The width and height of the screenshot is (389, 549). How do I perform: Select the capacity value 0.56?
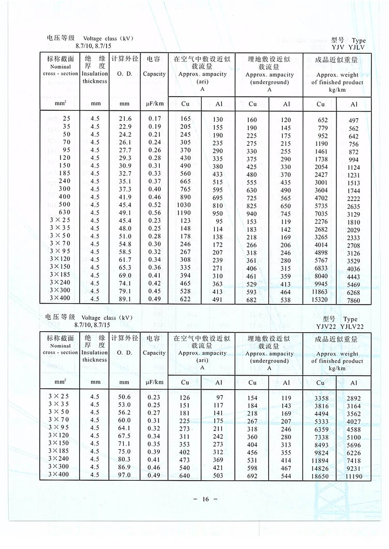coord(154,213)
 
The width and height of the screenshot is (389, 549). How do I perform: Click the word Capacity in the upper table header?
coord(154,74)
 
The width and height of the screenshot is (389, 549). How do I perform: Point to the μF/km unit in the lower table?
coord(154,382)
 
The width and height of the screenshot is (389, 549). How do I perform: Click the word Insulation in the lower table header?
coord(95,352)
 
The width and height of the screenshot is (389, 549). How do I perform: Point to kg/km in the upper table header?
coord(337,90)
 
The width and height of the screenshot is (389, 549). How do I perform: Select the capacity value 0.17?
coord(154,119)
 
